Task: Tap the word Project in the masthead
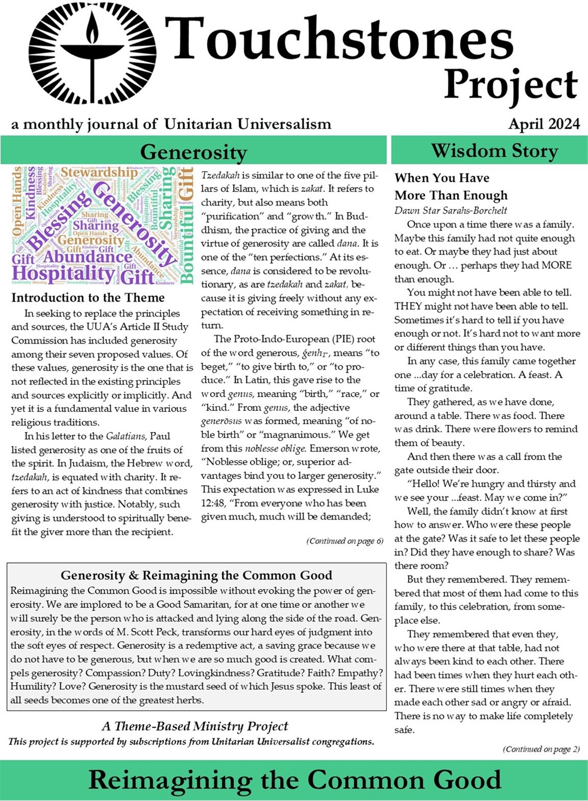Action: [x=510, y=85]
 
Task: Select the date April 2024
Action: [x=544, y=124]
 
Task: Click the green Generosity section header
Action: [x=193, y=152]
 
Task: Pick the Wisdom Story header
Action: [x=494, y=151]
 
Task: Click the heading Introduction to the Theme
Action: [x=88, y=298]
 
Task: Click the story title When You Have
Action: [x=442, y=178]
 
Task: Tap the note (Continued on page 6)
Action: [x=345, y=541]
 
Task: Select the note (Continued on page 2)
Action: [x=541, y=749]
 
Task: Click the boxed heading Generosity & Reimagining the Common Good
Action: [x=197, y=575]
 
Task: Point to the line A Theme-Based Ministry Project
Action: [x=195, y=726]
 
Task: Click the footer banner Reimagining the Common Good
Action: [x=295, y=780]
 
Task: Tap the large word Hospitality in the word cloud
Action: [x=63, y=274]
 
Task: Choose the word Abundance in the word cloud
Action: [x=87, y=257]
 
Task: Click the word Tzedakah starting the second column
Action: [x=220, y=175]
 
